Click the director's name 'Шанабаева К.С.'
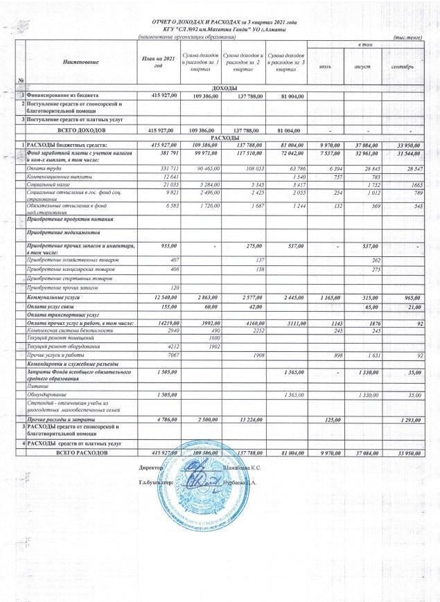coord(243,470)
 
